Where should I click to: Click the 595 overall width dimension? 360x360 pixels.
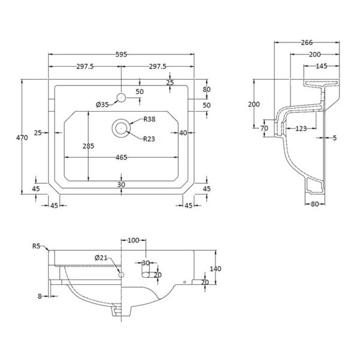point(121,55)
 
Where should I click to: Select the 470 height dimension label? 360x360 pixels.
point(22,137)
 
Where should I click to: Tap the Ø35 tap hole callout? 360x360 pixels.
point(103,104)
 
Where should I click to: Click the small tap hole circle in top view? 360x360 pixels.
point(121,98)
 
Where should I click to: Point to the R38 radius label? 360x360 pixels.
point(149,119)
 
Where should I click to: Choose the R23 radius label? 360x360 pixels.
point(149,139)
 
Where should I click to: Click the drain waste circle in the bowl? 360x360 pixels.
point(121,128)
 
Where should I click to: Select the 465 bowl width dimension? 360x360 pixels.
point(121,157)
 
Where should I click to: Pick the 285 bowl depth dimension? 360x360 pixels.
point(88,146)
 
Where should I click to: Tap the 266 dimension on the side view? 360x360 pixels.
point(307,43)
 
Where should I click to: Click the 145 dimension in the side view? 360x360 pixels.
point(322,66)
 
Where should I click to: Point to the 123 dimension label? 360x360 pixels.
point(301,128)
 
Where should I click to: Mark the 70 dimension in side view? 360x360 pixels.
point(264,128)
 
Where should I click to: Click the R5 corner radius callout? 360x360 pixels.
point(36,246)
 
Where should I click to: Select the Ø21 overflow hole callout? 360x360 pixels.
point(101,258)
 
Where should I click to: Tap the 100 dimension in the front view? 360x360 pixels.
point(133,240)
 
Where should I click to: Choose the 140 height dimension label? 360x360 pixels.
point(215,269)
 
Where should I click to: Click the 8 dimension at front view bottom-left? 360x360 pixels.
point(40,296)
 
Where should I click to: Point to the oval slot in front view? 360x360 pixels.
point(146,275)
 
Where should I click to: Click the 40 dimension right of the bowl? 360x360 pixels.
point(183,133)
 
